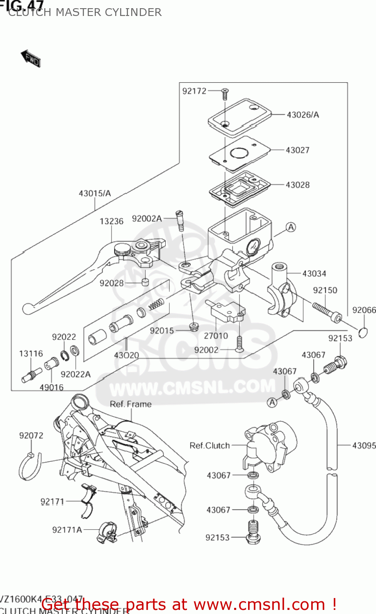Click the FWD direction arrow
31,58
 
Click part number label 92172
194,91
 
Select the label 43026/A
303,115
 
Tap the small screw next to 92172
225,94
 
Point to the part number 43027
297,150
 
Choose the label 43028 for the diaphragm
297,185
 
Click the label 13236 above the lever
111,221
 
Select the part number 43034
314,273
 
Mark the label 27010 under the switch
216,336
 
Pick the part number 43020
126,355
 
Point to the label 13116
31,353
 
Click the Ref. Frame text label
130,404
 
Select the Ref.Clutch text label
209,445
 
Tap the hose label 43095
364,445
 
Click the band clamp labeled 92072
30,467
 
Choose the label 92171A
67,530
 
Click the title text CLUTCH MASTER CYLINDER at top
85,12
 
